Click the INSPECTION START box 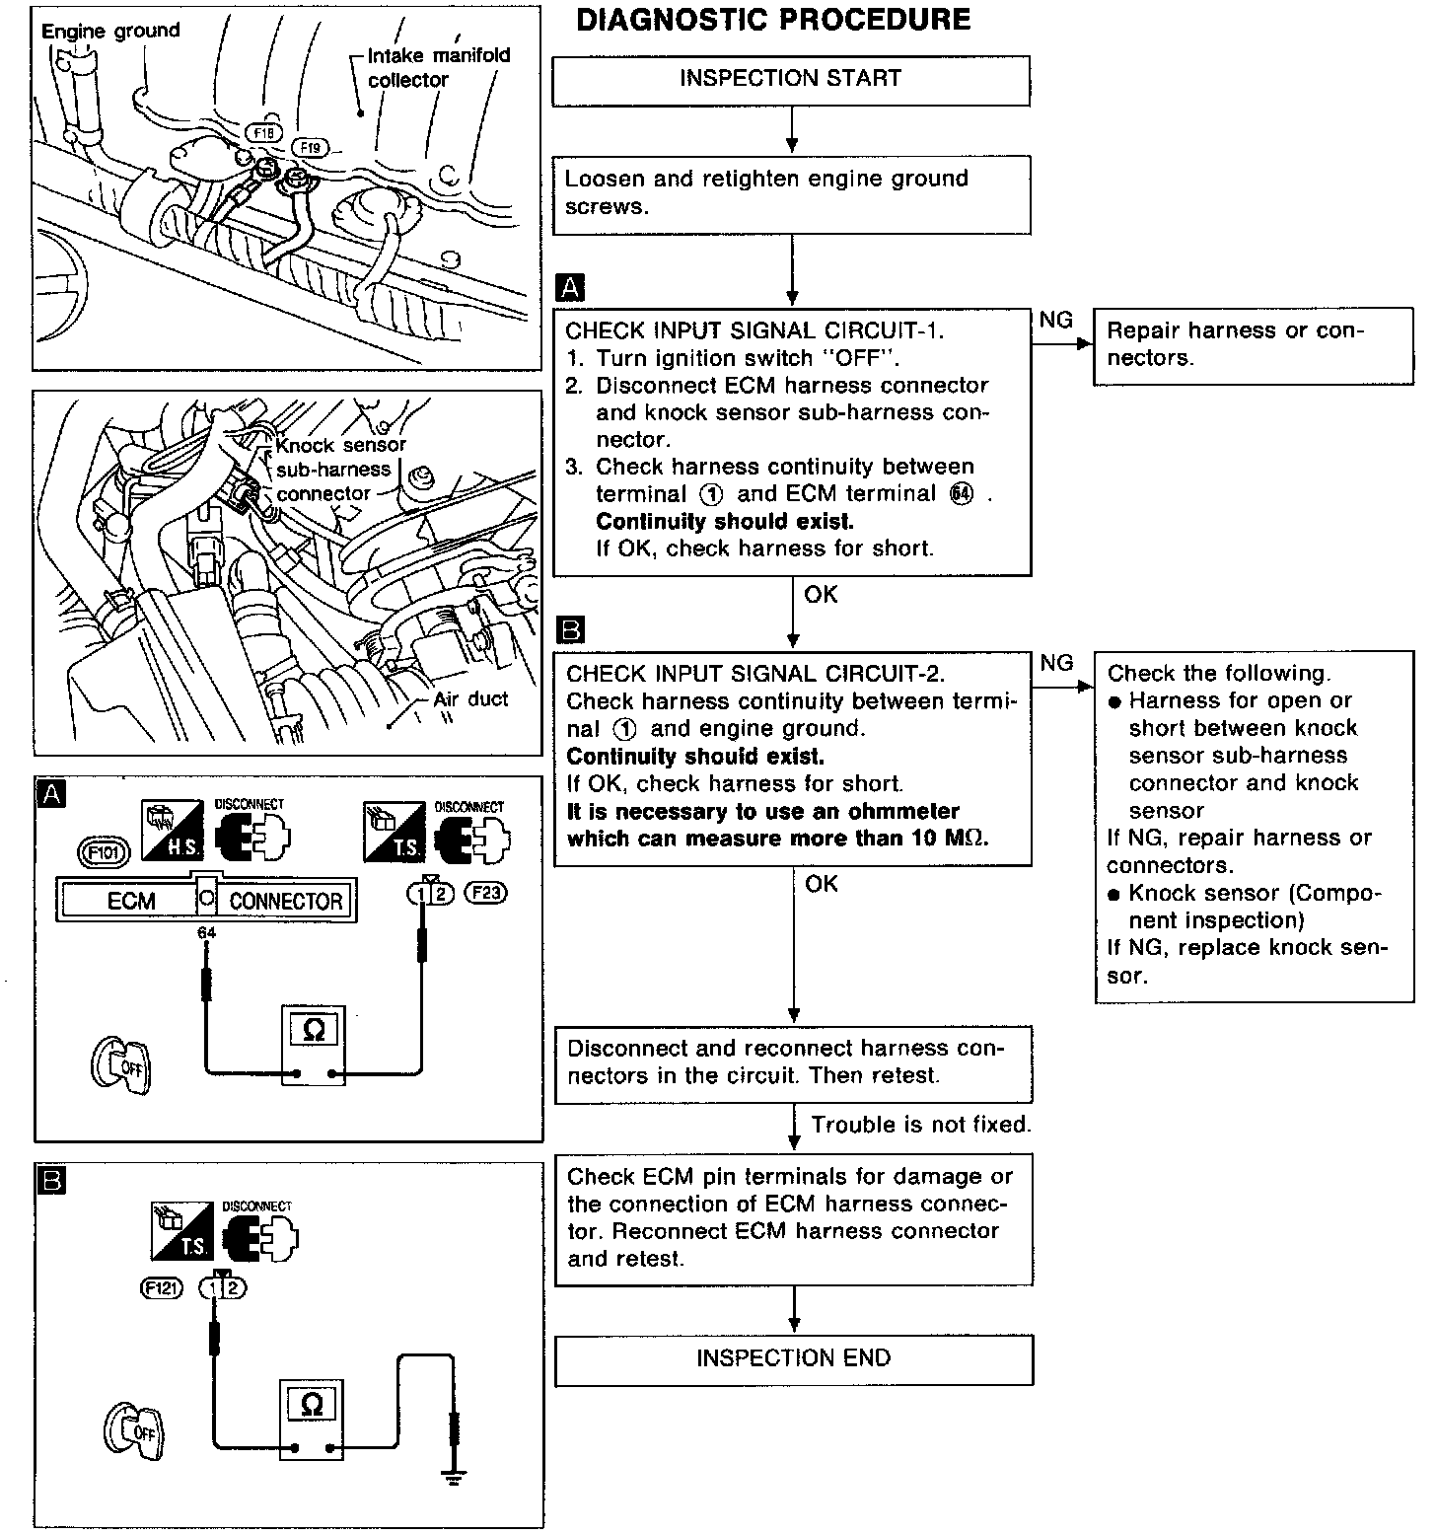point(791,80)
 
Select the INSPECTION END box point(794,1359)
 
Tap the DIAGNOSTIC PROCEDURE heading point(773,21)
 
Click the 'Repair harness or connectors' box point(1253,345)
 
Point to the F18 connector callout point(263,133)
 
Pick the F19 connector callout point(310,148)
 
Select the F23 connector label point(485,894)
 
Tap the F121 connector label point(163,1287)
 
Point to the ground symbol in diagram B point(455,1477)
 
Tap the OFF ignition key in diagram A point(122,1064)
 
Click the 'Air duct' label point(470,699)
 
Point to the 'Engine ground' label point(110,31)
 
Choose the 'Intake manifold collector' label point(438,67)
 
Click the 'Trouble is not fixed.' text point(920,1125)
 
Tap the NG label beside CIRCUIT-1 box point(1056,320)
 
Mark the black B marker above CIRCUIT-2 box point(571,629)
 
